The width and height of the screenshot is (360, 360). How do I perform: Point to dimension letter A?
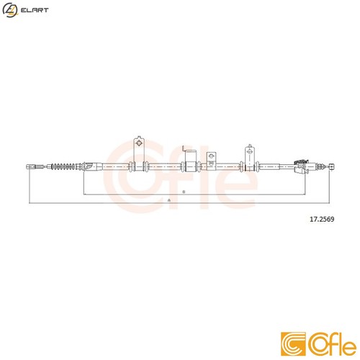pyautogui.click(x=168, y=199)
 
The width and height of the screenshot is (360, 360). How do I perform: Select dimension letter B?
pyautogui.click(x=184, y=192)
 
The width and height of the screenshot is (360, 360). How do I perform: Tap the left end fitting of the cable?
pyautogui.click(x=30, y=167)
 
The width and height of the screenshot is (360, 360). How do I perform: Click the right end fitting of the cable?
pyautogui.click(x=332, y=166)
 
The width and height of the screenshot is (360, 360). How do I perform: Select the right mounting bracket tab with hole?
pyautogui.click(x=251, y=152)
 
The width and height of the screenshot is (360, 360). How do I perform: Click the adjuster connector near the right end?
pyautogui.click(x=303, y=164)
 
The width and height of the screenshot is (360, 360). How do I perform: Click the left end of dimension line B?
pyautogui.click(x=84, y=194)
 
